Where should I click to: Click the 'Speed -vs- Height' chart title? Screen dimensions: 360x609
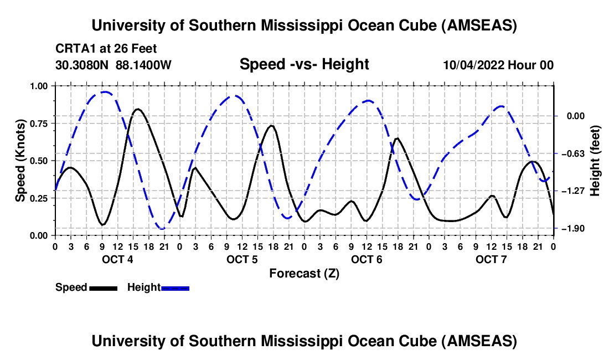tap(304, 65)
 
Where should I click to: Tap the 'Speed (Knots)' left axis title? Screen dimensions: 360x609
tap(20, 160)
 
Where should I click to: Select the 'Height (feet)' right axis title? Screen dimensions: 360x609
tap(595, 161)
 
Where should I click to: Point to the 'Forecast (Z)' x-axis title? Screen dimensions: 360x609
tap(304, 273)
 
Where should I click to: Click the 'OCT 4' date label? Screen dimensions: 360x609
tap(117, 259)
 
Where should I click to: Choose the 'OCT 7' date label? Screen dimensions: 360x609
tap(491, 259)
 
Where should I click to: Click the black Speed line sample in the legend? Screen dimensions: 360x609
tap(103, 288)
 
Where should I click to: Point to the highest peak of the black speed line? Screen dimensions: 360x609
tap(137, 109)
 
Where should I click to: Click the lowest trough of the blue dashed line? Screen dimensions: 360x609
tap(162, 228)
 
